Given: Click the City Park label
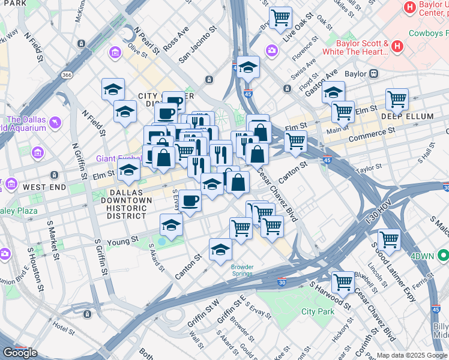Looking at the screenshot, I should tap(318, 311).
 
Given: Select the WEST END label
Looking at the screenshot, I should tap(44, 187).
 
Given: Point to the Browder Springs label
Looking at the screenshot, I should tap(226, 268).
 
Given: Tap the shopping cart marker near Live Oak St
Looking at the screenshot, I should tap(280, 17).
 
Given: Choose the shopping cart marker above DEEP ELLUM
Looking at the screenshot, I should tap(397, 98).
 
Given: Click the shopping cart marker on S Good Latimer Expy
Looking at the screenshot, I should tap(389, 239).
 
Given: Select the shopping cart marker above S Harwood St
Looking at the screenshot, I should tap(343, 281).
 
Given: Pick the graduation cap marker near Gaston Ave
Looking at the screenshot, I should tap(333, 92).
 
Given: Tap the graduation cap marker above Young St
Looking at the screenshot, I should tap(171, 224).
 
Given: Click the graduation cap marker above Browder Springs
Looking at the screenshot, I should tap(220, 248).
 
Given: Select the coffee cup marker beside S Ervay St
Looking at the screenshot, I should tap(190, 200).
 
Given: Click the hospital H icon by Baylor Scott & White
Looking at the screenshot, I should tap(397, 46).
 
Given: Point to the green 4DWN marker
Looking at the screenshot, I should tap(443, 256).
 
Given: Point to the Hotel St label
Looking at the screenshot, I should tap(63, 328).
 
